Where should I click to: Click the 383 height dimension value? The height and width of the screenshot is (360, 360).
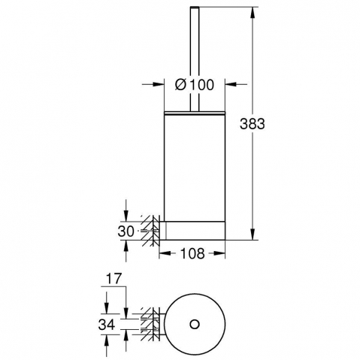click(x=252, y=124)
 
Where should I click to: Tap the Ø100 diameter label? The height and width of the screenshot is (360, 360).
click(x=195, y=84)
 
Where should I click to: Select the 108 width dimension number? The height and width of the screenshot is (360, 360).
click(x=192, y=253)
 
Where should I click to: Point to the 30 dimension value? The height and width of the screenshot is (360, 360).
click(x=126, y=231)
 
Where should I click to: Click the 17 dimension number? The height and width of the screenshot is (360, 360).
click(x=113, y=279)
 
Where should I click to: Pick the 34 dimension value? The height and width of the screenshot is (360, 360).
click(x=107, y=325)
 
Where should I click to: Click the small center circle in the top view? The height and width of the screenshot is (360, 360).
click(x=195, y=325)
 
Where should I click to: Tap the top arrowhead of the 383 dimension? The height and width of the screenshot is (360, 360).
click(x=253, y=12)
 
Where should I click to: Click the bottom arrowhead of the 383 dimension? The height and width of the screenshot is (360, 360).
click(x=253, y=234)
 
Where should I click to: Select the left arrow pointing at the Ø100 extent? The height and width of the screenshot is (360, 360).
click(x=153, y=84)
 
